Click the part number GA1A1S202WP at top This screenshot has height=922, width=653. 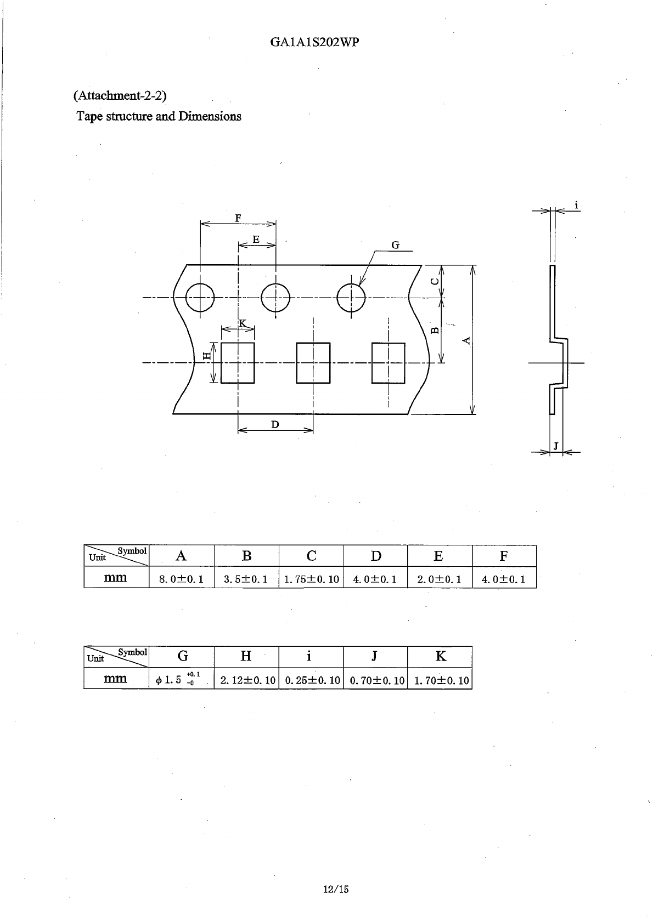[x=315, y=42]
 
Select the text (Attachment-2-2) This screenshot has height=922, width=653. [x=120, y=95]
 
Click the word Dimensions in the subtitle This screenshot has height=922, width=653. [x=210, y=116]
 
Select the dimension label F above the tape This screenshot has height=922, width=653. [x=238, y=218]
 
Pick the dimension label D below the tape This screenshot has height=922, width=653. [x=275, y=424]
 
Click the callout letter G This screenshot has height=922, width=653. [x=396, y=245]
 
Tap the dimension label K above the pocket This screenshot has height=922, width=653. [x=243, y=323]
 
